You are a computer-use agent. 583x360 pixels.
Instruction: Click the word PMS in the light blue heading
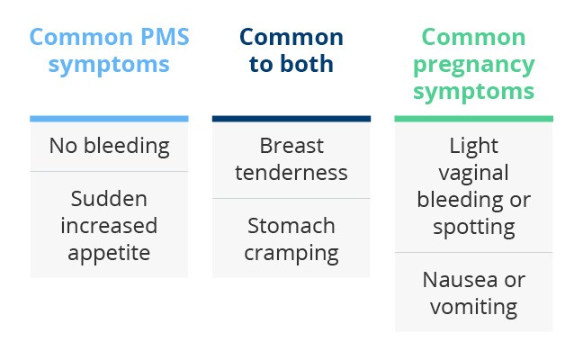(x=165, y=37)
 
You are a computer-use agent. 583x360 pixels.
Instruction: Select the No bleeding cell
(x=109, y=147)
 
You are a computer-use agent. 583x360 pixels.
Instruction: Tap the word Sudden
(x=109, y=198)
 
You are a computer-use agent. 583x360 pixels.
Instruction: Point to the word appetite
(x=109, y=254)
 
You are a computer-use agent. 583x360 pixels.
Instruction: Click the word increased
(x=109, y=225)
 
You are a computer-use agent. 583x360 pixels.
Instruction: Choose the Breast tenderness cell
(x=291, y=160)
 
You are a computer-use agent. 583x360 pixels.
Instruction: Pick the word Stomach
(x=291, y=225)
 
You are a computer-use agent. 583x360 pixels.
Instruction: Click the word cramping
(x=291, y=254)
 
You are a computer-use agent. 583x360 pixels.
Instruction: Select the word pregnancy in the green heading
(x=473, y=66)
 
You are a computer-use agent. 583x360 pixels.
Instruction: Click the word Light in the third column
(x=473, y=146)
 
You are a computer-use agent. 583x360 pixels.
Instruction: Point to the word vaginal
(x=473, y=174)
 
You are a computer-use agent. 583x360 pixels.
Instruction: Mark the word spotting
(x=473, y=228)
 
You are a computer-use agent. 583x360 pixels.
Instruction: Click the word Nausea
(x=460, y=280)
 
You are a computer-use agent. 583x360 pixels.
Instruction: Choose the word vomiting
(x=473, y=307)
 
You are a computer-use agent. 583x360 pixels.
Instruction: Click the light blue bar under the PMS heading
(x=109, y=119)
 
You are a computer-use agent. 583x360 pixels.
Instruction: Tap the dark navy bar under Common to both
(x=291, y=119)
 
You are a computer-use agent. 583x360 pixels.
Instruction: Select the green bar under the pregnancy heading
(x=473, y=119)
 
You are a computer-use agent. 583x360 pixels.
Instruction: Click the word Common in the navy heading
(x=291, y=37)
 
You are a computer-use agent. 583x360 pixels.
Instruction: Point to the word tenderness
(x=291, y=173)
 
